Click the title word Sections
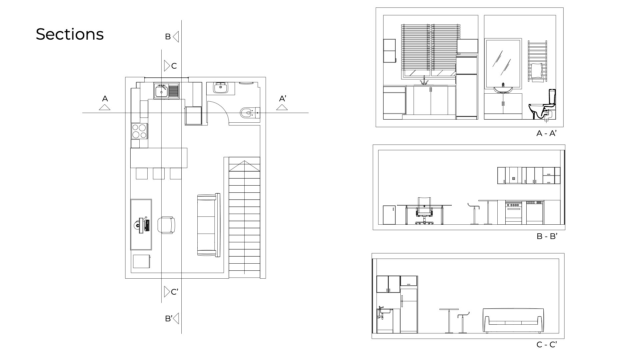pos(70,34)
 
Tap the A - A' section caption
pos(547,133)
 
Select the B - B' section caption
pos(547,236)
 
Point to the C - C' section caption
pos(547,345)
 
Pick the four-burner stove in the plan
pos(140,131)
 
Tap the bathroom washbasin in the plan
pos(221,88)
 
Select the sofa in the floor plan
pos(209,225)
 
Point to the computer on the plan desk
pos(142,225)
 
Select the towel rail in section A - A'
pos(537,61)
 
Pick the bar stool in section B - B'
pos(474,214)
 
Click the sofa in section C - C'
pos(513,321)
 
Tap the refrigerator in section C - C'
pos(409,311)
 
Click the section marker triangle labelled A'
pos(282,107)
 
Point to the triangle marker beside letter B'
pos(176,318)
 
